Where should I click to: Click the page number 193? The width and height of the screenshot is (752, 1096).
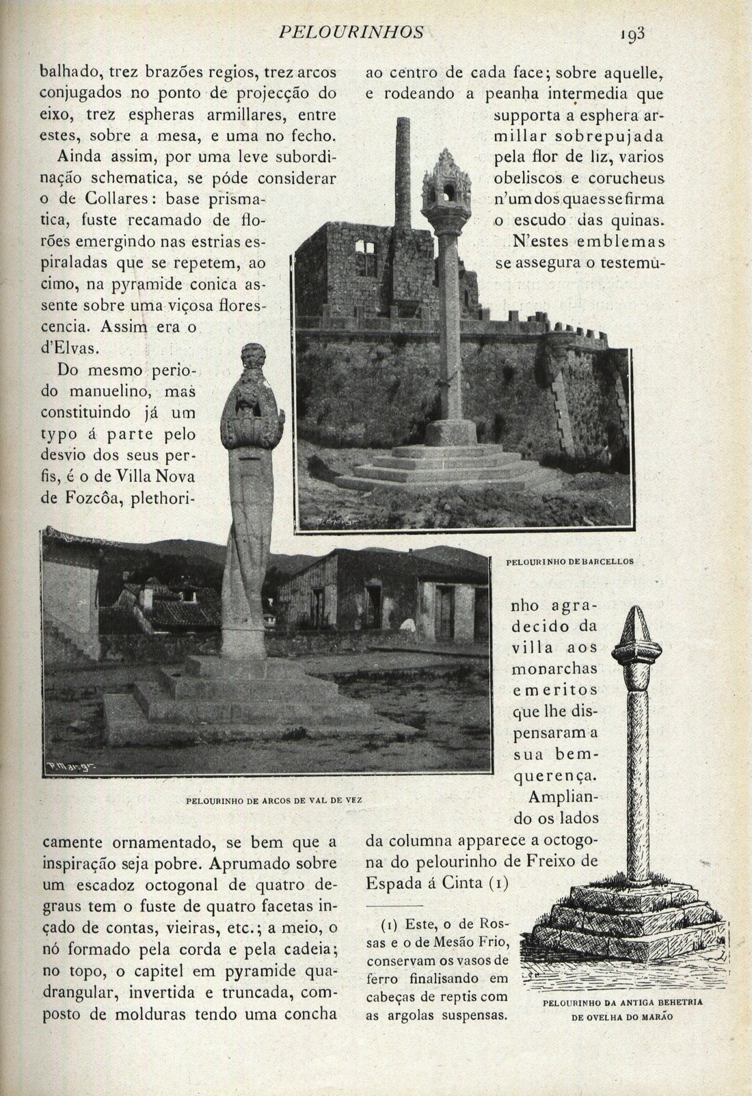coord(633,34)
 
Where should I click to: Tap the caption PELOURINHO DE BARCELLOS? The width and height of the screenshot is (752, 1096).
coord(569,562)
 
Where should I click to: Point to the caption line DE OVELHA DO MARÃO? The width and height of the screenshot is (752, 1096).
coord(622,1016)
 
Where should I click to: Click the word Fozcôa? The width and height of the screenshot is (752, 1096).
coord(75,498)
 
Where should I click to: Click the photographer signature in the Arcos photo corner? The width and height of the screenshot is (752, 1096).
coord(72,768)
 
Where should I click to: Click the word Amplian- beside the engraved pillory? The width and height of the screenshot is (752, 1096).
coord(564,797)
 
